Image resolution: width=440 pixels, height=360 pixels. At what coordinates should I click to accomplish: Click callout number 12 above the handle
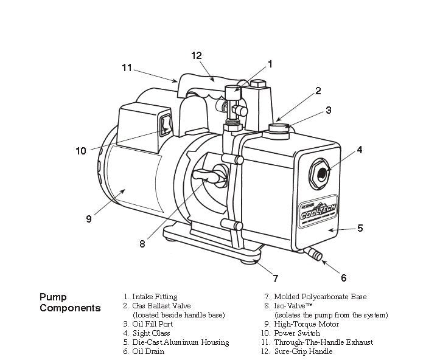coord(196,55)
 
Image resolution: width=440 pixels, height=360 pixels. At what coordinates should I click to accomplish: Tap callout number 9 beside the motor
coord(89,218)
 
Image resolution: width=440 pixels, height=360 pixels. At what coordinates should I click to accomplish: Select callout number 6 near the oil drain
coord(343,278)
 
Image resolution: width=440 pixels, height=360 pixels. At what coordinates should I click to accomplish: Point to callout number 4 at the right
coord(360,149)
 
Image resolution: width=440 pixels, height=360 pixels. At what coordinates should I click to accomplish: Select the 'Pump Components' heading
coord(69,303)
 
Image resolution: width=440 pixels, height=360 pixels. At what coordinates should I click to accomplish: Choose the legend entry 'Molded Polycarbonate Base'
coord(320,297)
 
